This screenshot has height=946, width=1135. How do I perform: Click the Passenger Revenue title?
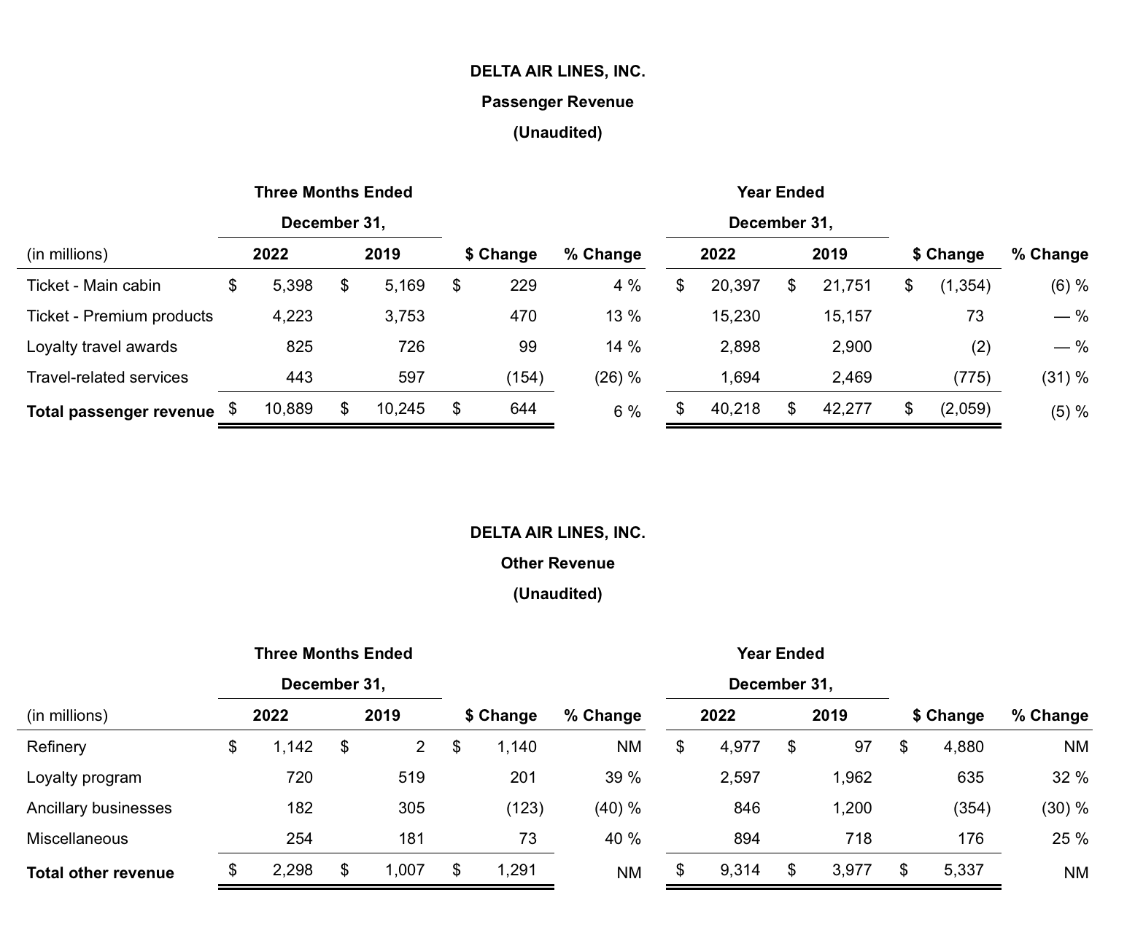point(557,102)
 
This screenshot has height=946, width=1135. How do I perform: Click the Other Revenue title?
point(557,563)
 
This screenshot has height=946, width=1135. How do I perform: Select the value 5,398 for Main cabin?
point(293,286)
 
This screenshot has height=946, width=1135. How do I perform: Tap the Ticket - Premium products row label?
point(120,316)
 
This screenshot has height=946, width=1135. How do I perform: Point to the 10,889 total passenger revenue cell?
point(288,409)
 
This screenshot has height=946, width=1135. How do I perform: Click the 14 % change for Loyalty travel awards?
point(623,347)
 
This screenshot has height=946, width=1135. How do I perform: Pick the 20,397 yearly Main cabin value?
point(735,286)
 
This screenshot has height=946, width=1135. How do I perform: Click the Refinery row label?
point(56,747)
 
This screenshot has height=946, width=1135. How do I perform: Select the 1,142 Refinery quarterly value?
point(293,747)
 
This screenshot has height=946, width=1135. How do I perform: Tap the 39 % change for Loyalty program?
point(623,778)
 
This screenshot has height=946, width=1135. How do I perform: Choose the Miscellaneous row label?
point(77,839)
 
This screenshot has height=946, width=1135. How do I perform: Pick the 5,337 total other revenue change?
point(963,870)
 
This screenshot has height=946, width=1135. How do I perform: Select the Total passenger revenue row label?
point(120,412)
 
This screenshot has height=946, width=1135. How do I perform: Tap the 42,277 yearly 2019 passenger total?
point(847,409)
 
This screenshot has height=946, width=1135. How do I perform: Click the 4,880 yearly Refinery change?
point(963,747)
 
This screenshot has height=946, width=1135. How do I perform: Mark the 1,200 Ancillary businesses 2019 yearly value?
point(851,808)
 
